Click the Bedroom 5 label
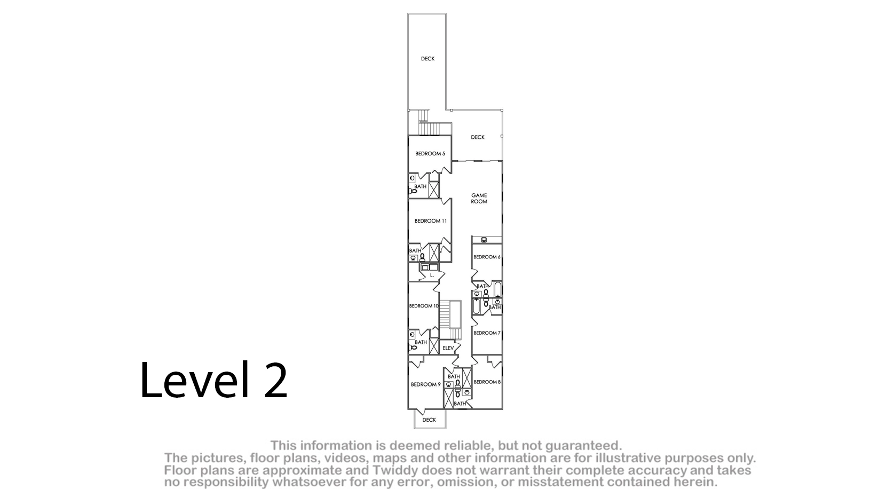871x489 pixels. click(430, 154)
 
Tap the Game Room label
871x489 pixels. click(479, 199)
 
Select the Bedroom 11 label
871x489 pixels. click(431, 221)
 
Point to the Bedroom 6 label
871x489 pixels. click(487, 257)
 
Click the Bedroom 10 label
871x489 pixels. click(424, 306)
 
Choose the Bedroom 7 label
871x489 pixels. click(487, 333)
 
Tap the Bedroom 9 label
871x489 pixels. click(426, 384)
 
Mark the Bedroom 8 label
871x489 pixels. click(487, 382)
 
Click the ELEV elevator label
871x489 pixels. click(448, 348)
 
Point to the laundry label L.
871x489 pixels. click(432, 275)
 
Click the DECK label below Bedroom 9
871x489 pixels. click(429, 420)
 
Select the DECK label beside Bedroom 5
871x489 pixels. click(478, 137)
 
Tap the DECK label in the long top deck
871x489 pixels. click(427, 59)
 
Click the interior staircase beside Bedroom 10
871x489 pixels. click(450, 320)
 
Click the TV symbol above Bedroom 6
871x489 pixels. click(484, 240)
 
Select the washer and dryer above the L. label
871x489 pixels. click(429, 267)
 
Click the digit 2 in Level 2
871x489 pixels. click(276, 380)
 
